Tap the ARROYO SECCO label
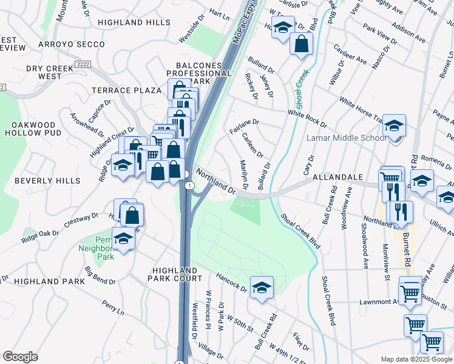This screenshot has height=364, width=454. tap(67, 45)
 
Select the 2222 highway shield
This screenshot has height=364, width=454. tap(83, 64)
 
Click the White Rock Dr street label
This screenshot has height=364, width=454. tap(307, 118)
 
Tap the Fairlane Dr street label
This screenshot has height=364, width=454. tap(244, 126)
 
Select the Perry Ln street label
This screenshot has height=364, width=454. tap(113, 308)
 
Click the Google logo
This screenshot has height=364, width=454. tap(21, 357)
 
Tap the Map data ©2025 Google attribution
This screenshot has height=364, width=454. tap(416, 359)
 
